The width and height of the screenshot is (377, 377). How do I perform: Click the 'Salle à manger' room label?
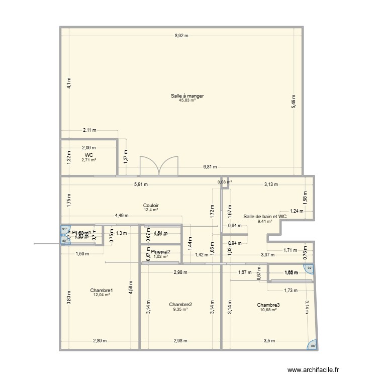(x=187, y=96)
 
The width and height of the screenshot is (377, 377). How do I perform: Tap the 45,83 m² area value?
(x=187, y=100)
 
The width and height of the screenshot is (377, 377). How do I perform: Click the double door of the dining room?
(x=159, y=166)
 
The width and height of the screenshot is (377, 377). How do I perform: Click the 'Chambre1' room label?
(x=102, y=290)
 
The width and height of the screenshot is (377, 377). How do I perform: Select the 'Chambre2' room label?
(x=180, y=305)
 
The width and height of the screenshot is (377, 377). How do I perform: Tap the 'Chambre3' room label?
(x=268, y=305)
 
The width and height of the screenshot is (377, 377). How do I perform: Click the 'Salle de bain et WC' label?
(x=265, y=216)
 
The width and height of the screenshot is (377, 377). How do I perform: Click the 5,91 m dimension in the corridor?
(x=140, y=184)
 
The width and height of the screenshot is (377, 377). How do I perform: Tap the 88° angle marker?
(x=313, y=345)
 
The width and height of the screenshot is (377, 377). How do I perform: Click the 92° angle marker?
(x=310, y=268)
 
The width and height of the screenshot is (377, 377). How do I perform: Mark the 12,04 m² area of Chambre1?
(x=102, y=295)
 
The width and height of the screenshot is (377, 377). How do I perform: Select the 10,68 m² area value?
(x=268, y=309)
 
